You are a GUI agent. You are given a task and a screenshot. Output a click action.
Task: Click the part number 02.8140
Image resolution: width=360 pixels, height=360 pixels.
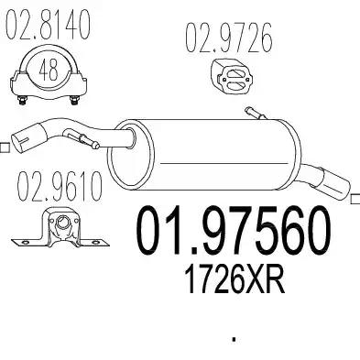click(48, 24)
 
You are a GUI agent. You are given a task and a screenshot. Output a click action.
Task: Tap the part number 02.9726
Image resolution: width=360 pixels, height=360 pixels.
click(229, 38)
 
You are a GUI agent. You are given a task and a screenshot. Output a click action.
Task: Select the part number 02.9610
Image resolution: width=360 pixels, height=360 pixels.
click(60, 186)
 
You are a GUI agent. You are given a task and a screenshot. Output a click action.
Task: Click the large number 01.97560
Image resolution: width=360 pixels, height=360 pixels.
click(234, 230)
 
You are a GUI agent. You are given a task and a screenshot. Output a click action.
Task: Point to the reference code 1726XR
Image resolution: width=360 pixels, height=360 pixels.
click(235, 278)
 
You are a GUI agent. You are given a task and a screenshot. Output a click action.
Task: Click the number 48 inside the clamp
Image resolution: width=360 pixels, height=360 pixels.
click(49, 70)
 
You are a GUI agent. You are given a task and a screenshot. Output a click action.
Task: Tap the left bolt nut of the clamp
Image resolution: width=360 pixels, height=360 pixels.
click(22, 100)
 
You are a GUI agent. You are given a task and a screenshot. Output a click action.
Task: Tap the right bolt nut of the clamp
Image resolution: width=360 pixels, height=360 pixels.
click(74, 100)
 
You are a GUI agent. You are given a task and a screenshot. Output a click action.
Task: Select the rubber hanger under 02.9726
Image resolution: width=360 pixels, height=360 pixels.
click(232, 73)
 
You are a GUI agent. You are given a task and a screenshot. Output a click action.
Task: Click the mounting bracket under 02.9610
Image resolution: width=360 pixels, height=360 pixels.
click(60, 228)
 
